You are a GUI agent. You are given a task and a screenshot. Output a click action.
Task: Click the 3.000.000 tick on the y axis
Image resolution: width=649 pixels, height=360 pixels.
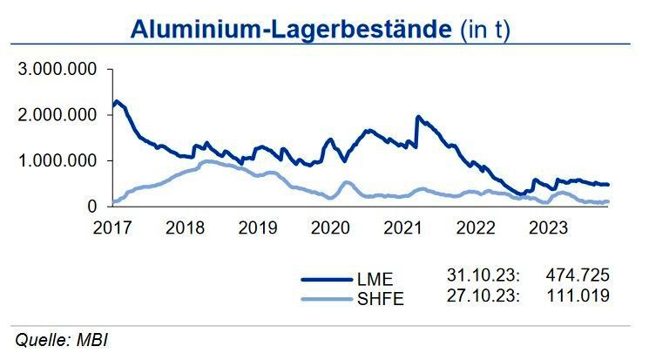click(61, 70)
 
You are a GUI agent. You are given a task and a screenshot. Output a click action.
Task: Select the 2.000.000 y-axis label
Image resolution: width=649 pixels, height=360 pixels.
click(61, 115)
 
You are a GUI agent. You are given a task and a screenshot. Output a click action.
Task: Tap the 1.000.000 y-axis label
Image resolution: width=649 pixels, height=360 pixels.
click(61, 160)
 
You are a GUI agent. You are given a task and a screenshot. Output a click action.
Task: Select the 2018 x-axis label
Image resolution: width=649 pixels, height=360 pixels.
click(185, 228)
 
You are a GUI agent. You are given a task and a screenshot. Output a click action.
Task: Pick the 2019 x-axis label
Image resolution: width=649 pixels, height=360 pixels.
click(258, 228)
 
